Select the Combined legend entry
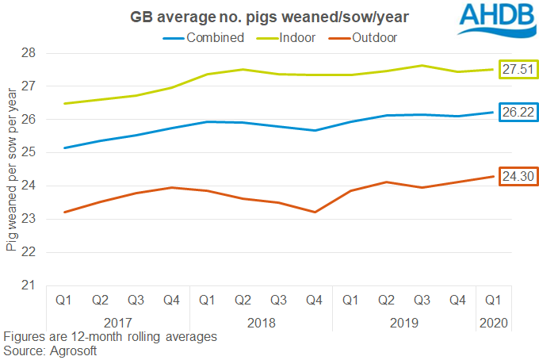tap(205, 37)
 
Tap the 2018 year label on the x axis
tap(262, 323)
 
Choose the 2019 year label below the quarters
tap(403, 323)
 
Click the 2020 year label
tap(492, 323)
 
